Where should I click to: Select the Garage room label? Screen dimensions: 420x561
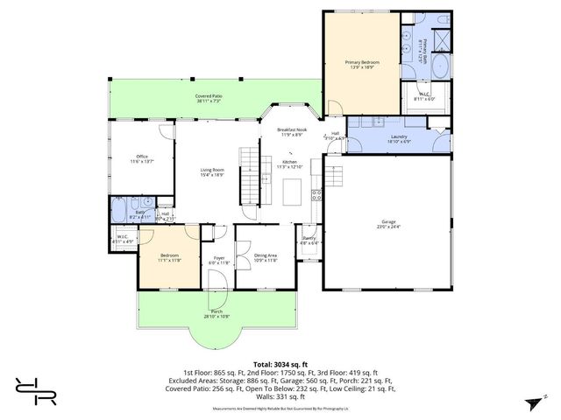tap(389, 222)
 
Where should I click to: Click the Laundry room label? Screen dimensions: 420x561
tap(399, 136)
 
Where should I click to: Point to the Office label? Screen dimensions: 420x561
tap(141, 157)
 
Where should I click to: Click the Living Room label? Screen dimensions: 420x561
tap(213, 170)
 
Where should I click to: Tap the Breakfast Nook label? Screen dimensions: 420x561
tap(290, 129)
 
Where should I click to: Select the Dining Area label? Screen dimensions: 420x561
tap(266, 255)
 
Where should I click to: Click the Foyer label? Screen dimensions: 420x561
tap(219, 258)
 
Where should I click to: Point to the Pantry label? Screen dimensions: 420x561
tap(309, 238)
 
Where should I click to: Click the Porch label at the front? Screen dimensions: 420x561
tap(215, 312)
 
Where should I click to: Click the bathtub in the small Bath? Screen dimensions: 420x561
tap(117, 212)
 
